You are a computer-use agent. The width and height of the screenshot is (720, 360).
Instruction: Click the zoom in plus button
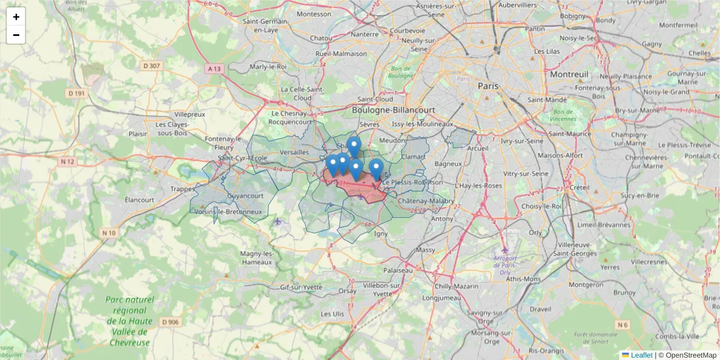pos(16,17)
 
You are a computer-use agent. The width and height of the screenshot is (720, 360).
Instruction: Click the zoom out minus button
pos(16,35)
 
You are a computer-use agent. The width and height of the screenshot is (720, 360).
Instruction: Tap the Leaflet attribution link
pos(641,355)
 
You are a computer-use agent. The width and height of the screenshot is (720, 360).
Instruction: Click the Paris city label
pos(488,86)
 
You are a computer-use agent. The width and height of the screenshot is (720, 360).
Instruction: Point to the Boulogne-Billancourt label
pos(393,110)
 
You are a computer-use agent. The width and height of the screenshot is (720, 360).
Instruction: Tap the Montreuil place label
pos(569,74)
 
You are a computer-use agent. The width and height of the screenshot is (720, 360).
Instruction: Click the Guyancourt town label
pos(246,196)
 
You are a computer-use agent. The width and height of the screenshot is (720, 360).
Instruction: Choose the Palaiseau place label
pos(399,270)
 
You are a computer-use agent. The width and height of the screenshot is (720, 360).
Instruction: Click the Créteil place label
pos(580,187)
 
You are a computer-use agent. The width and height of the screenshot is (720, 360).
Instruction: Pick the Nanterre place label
pos(365,34)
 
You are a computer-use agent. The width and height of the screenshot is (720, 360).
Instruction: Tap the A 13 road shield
pos(214,69)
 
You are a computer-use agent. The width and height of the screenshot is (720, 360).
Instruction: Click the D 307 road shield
pos(152,65)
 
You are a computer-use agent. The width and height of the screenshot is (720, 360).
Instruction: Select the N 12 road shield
pos(67,161)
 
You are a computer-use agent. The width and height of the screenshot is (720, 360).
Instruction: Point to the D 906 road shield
pos(170,322)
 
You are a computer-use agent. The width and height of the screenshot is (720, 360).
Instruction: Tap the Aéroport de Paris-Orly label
pos(505,265)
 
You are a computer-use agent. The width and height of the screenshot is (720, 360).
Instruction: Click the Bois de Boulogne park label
pos(400,73)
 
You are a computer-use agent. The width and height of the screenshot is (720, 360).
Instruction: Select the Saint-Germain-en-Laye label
pos(264,25)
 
